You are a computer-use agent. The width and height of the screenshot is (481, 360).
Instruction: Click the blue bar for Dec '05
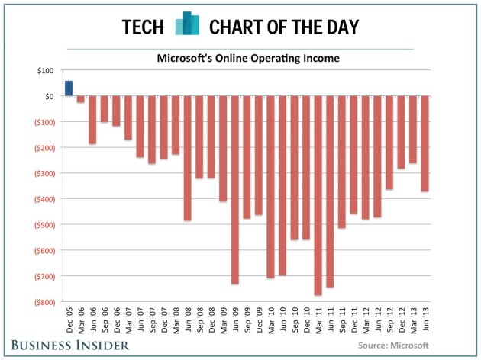point(69,88)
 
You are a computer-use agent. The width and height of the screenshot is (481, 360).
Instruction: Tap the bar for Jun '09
point(235,190)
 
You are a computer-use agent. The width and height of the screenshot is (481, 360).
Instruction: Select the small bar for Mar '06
point(80,99)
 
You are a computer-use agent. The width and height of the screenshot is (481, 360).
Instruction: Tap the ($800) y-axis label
point(40,302)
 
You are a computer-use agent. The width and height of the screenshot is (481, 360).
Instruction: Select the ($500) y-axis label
point(40,225)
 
